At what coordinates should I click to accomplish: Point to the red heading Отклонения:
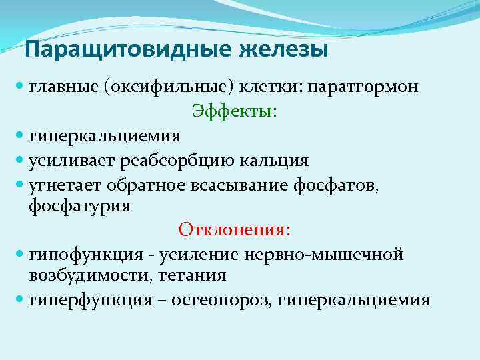pyautogui.click(x=234, y=230)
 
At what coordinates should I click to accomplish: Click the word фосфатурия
pyautogui.click(x=80, y=206)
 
